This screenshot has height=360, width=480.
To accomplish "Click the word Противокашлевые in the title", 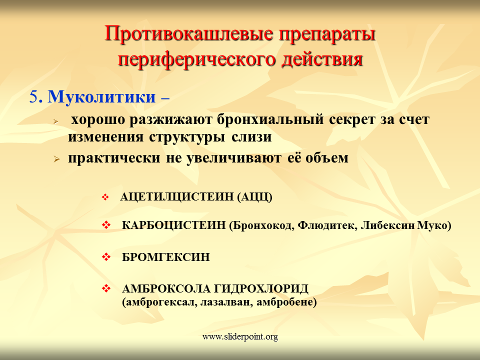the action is pos(189,33).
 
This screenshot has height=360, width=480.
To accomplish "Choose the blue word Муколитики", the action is pos(101,96).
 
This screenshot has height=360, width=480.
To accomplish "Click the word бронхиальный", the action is pos(270,119).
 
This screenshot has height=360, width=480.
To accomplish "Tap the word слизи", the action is pos(251,136).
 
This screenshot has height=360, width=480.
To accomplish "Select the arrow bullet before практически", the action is pos(56,159).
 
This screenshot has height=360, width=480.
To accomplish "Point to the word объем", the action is pos(326,157).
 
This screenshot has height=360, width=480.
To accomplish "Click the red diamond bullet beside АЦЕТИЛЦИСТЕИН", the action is pos(105,197).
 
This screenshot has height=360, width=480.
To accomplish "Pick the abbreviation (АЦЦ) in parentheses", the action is pos(254,196).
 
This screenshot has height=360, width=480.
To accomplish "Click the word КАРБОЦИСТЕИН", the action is pos(173,225).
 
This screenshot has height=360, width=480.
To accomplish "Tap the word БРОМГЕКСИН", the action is pos(166,257).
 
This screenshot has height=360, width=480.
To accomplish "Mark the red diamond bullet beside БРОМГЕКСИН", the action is pos(106,257).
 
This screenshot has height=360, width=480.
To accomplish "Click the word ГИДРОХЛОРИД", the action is pos(261,288).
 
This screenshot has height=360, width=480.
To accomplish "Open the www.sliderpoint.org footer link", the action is pos(240,336).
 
